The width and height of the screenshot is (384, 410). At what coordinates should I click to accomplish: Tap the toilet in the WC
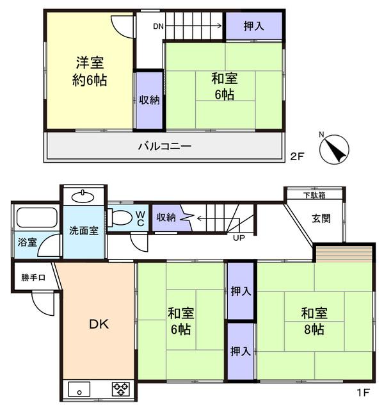pyautogui.click(x=120, y=218)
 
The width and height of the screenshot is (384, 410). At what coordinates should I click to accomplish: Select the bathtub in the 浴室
pyautogui.click(x=36, y=218)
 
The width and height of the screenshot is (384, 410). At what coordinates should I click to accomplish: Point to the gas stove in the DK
pyautogui.click(x=121, y=389)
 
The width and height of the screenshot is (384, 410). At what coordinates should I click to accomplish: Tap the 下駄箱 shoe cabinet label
pyautogui.click(x=314, y=195)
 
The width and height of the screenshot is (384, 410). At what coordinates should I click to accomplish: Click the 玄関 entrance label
pyautogui.click(x=321, y=218)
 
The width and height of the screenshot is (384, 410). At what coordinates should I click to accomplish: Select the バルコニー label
pyautogui.click(x=164, y=146)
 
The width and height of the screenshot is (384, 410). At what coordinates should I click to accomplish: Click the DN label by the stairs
pyautogui.click(x=158, y=26)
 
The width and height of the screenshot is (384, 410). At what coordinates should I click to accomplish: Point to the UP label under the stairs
pyautogui.click(x=239, y=238)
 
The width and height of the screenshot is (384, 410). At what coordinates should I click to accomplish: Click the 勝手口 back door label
pyautogui.click(x=33, y=277)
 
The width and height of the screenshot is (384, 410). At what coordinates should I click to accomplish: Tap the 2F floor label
pyautogui.click(x=296, y=156)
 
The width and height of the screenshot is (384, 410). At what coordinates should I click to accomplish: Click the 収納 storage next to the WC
pyautogui.click(x=166, y=218)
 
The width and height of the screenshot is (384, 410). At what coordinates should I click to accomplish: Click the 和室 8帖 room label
pyautogui.click(x=314, y=322)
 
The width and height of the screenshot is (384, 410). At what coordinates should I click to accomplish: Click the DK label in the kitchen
pyautogui.click(x=99, y=324)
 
